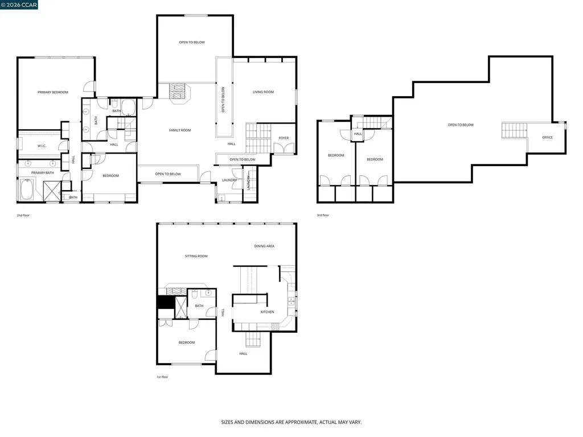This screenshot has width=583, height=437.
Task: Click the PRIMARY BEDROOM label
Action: point(53,92)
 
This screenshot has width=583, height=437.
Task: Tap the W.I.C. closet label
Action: point(42,146)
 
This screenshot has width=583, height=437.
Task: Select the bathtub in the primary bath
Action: point(26,189)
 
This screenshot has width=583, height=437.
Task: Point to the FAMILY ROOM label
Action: point(180,130)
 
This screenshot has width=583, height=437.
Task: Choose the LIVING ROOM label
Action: point(263,92)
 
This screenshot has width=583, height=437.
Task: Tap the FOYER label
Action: point(284,138)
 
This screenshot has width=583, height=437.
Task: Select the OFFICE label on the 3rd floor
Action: point(547,137)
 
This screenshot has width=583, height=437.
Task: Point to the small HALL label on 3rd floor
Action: point(358,134)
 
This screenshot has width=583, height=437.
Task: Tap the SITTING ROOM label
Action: point(196,256)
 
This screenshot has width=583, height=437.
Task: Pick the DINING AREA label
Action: point(264,246)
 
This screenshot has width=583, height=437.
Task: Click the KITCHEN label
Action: point(267,312)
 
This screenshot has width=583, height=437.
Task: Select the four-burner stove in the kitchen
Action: point(276,326)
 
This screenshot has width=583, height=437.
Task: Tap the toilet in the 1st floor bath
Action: point(195,294)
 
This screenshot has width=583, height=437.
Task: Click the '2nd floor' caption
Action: point(23,216)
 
